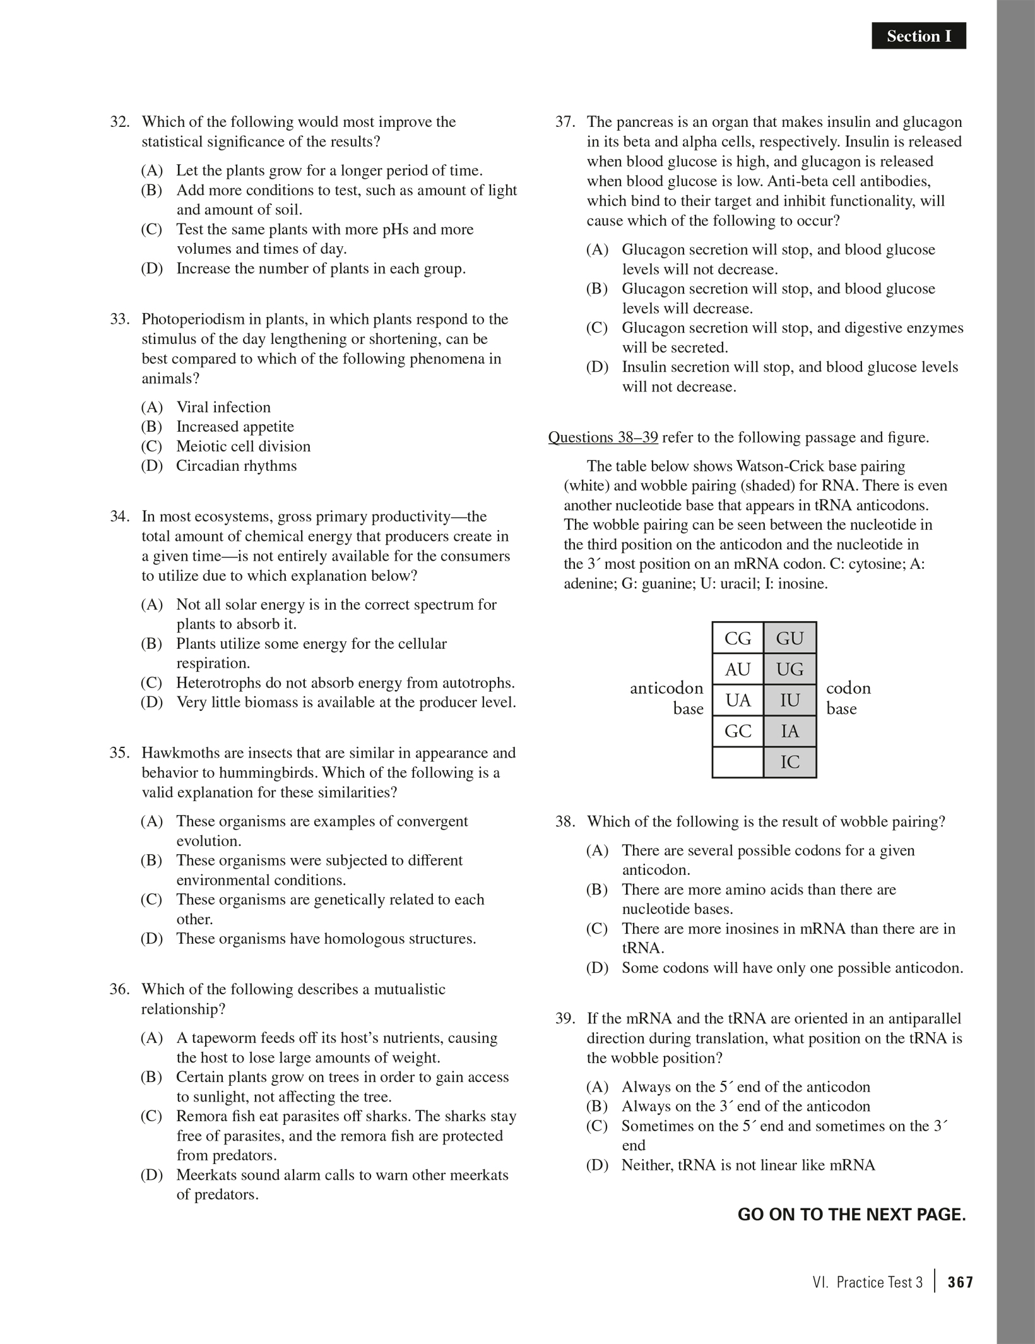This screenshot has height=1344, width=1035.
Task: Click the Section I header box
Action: pyautogui.click(x=918, y=36)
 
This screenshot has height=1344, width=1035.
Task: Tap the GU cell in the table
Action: pyautogui.click(x=790, y=638)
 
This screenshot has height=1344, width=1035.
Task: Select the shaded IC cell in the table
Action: pyautogui.click(x=790, y=762)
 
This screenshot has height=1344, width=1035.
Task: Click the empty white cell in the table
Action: pyautogui.click(x=738, y=762)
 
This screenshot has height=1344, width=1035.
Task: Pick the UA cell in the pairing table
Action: pyautogui.click(x=738, y=700)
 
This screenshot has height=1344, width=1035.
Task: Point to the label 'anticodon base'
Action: pyautogui.click(x=666, y=698)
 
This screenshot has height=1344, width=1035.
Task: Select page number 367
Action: pyautogui.click(x=960, y=1282)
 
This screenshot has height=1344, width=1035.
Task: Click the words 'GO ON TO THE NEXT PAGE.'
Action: pyautogui.click(x=851, y=1215)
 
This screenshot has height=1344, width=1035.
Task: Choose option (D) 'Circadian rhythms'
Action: pyautogui.click(x=236, y=466)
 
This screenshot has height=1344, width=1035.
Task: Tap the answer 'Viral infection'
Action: pyautogui.click(x=223, y=407)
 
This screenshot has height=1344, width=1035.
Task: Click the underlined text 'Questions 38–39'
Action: pyautogui.click(x=603, y=437)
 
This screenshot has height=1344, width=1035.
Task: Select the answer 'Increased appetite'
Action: pyautogui.click(x=235, y=427)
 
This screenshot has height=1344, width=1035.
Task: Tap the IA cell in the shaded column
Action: pyautogui.click(x=790, y=731)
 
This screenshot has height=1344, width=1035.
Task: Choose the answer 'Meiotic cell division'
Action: pyautogui.click(x=243, y=446)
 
